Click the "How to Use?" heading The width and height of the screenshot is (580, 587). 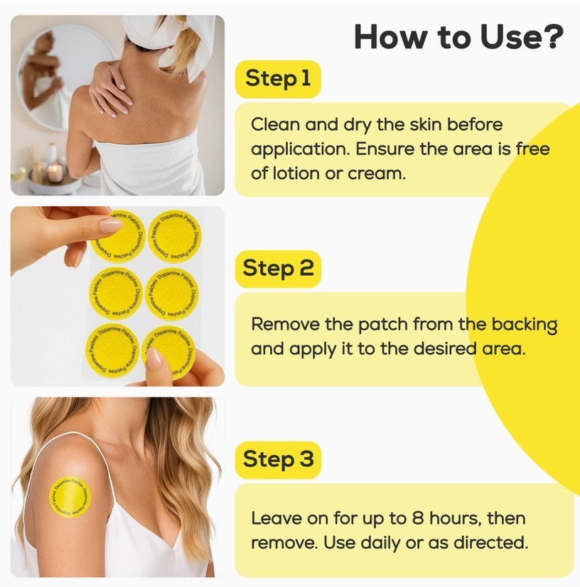click(x=458, y=37)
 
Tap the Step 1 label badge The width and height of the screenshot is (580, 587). click(x=278, y=79)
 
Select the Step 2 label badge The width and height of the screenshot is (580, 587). click(x=278, y=269)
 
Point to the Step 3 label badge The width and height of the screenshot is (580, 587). click(x=278, y=460)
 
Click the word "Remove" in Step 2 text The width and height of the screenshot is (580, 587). click(x=284, y=324)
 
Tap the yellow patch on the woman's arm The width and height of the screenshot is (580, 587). click(x=70, y=497)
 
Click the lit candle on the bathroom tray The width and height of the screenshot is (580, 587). click(x=55, y=173)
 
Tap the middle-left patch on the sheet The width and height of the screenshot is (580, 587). click(x=116, y=293)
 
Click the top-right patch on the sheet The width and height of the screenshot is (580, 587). click(x=174, y=236)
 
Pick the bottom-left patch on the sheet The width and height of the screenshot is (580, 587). click(x=112, y=350)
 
